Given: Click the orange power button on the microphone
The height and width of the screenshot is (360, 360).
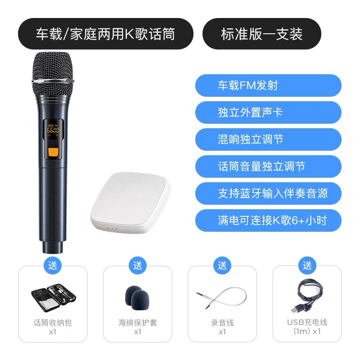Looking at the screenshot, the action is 53,152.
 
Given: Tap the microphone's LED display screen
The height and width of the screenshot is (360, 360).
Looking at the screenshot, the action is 53,129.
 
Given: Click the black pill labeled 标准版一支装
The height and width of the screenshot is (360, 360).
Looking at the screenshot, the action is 262,34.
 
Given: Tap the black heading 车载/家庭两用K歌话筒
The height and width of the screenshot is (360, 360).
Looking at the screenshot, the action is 106,34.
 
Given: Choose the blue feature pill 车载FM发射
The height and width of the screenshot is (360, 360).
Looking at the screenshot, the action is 268,85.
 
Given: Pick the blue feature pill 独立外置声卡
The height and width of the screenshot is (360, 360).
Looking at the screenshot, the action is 268,112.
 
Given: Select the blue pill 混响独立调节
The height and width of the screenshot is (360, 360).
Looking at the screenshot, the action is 268,139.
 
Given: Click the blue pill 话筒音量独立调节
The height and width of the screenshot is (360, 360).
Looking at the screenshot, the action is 268,166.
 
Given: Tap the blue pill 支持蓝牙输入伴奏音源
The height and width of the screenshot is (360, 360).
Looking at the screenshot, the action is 268,193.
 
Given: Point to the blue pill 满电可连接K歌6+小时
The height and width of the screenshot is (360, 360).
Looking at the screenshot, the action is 268,220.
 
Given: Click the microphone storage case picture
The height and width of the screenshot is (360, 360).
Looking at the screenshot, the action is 53,297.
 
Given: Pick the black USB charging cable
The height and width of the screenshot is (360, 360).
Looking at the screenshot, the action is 308,297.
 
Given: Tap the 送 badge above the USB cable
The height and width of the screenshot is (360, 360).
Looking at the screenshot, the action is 307,265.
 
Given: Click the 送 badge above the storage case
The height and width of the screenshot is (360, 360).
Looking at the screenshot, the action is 53,265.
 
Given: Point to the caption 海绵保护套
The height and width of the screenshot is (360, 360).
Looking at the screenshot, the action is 138,323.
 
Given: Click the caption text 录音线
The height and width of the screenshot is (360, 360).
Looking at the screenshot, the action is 222,323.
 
